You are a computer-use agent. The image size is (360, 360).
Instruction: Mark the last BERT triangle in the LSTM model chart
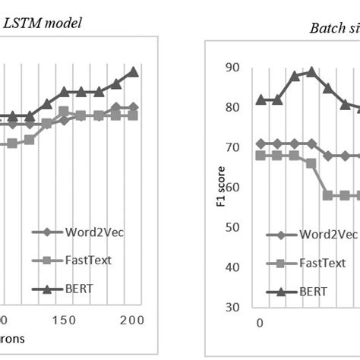click(133, 71)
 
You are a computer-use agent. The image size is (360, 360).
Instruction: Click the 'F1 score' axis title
click(220, 187)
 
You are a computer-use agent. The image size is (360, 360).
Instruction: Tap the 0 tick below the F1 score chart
click(261, 322)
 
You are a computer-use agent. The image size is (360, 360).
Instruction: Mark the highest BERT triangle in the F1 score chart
click(311, 72)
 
